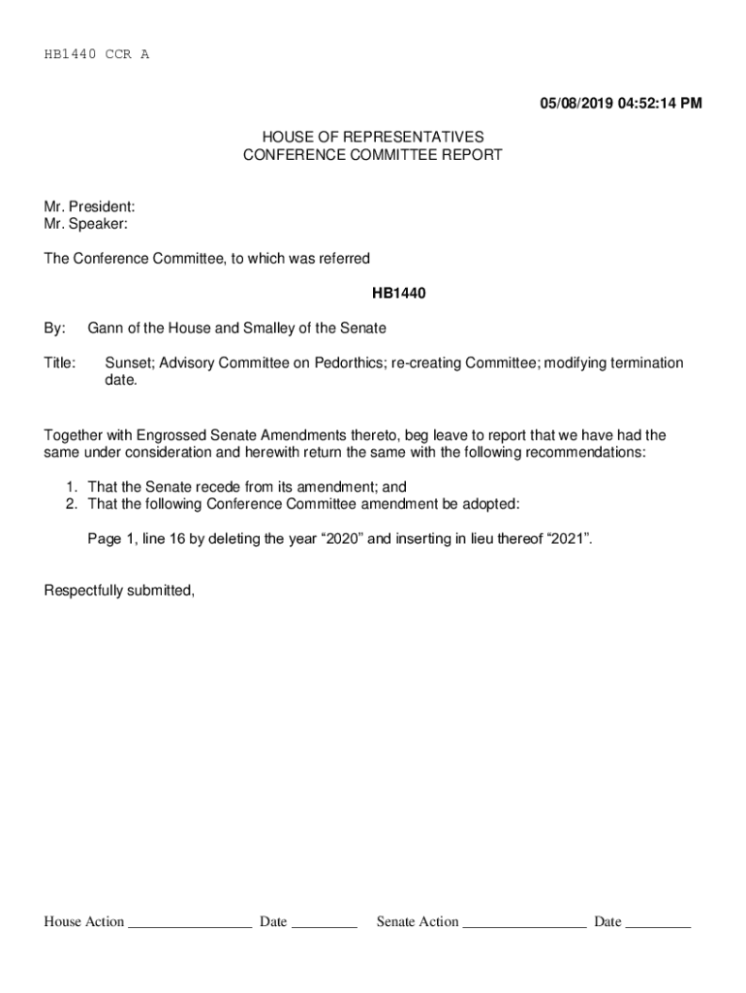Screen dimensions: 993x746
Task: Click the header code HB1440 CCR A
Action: click(97, 54)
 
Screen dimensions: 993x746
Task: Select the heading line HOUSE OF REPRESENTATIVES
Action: click(373, 138)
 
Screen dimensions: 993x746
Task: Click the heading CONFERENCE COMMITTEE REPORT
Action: click(373, 155)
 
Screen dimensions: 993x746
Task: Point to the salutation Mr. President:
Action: click(89, 207)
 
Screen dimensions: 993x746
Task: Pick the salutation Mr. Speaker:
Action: click(85, 224)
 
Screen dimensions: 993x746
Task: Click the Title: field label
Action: click(60, 363)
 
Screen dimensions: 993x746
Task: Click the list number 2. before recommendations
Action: click(71, 504)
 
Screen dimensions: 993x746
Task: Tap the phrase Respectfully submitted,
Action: click(119, 590)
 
